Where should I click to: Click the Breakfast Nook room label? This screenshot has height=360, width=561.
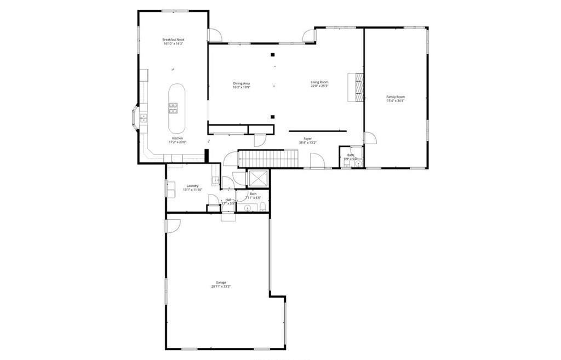click(173, 39)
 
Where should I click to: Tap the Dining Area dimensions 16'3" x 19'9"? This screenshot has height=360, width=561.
click(241, 87)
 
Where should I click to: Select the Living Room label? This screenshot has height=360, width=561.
click(319, 82)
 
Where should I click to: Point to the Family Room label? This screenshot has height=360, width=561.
click(396, 97)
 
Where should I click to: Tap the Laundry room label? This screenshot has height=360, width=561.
click(192, 186)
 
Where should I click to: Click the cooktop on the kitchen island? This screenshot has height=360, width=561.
click(173, 108)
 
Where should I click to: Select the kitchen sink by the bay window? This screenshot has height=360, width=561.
click(144, 117)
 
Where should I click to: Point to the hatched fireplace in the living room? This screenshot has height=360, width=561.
click(357, 87)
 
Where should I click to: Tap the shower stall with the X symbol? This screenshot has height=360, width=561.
click(257, 179)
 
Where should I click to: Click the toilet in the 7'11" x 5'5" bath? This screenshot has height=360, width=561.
click(263, 207)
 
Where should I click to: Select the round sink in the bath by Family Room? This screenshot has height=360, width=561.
click(357, 163)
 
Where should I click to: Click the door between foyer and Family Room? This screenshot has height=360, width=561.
click(370, 138)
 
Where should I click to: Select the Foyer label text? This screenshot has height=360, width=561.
click(308, 139)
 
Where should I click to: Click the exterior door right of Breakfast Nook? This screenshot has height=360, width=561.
click(215, 35)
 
